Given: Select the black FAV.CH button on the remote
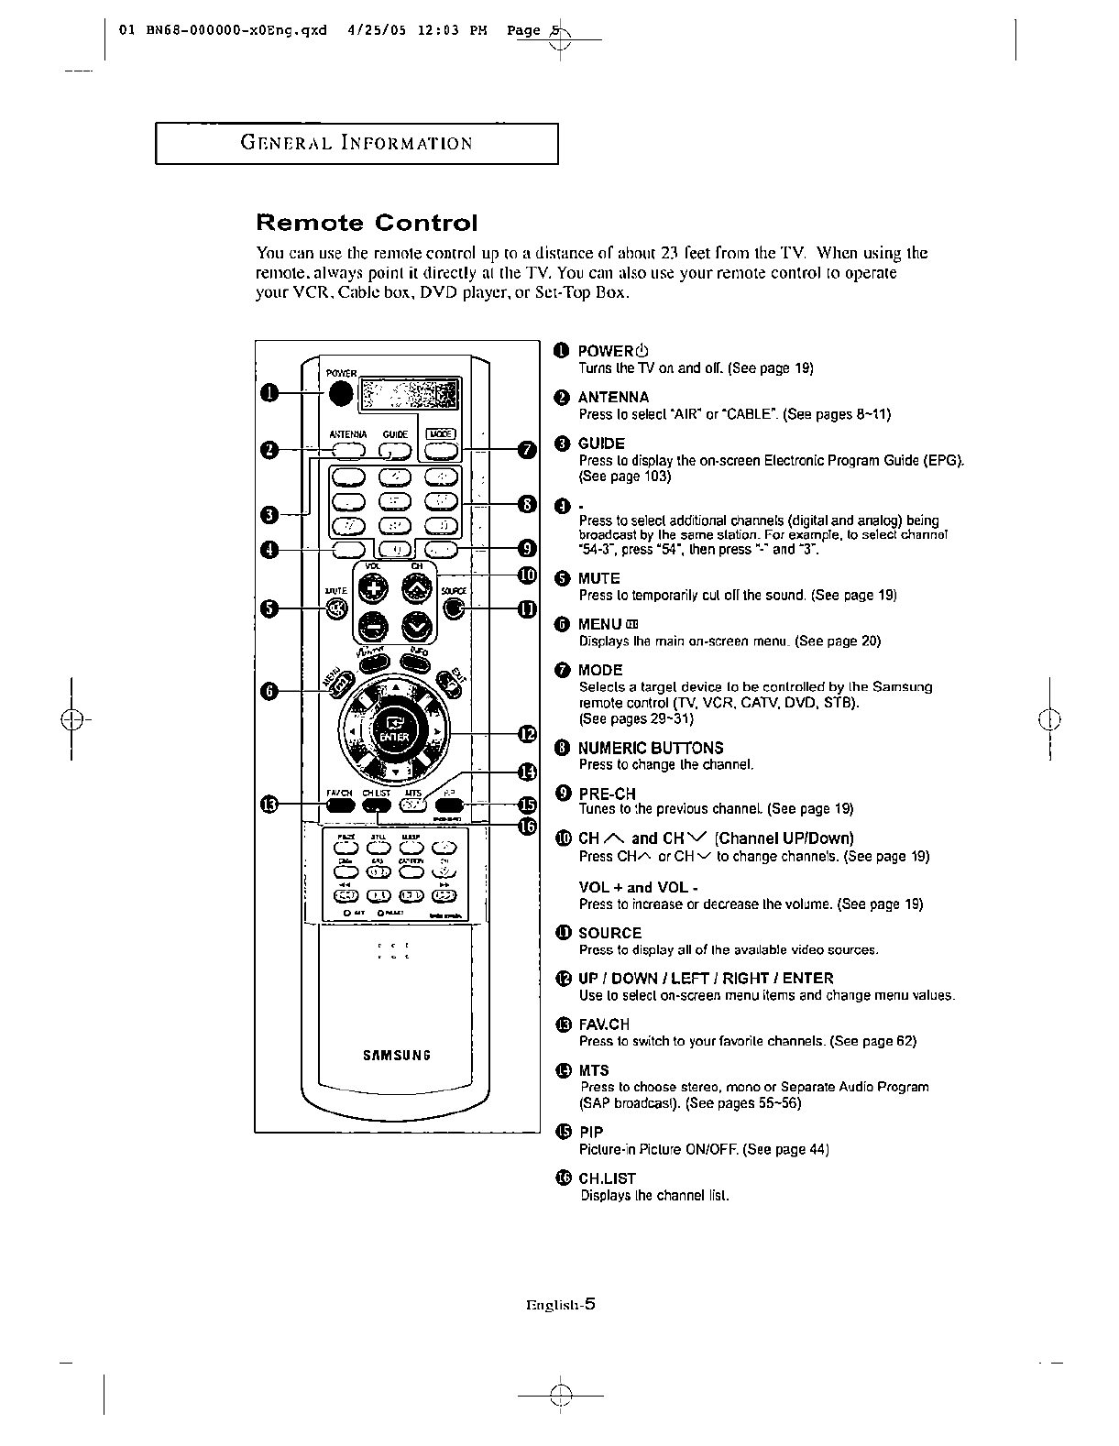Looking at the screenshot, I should pyautogui.click(x=339, y=805).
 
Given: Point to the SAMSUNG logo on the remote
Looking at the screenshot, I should pyautogui.click(x=396, y=1054).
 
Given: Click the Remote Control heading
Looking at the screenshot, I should pyautogui.click(x=367, y=223).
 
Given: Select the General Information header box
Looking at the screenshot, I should pyautogui.click(x=357, y=143).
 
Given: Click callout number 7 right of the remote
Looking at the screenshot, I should pyautogui.click(x=525, y=449).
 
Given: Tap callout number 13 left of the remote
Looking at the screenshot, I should pyautogui.click(x=268, y=805).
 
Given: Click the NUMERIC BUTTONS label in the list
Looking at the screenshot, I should pyautogui.click(x=651, y=748).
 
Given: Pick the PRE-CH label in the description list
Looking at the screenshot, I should pyautogui.click(x=607, y=793).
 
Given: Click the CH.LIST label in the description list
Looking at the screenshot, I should pyautogui.click(x=607, y=1178).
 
